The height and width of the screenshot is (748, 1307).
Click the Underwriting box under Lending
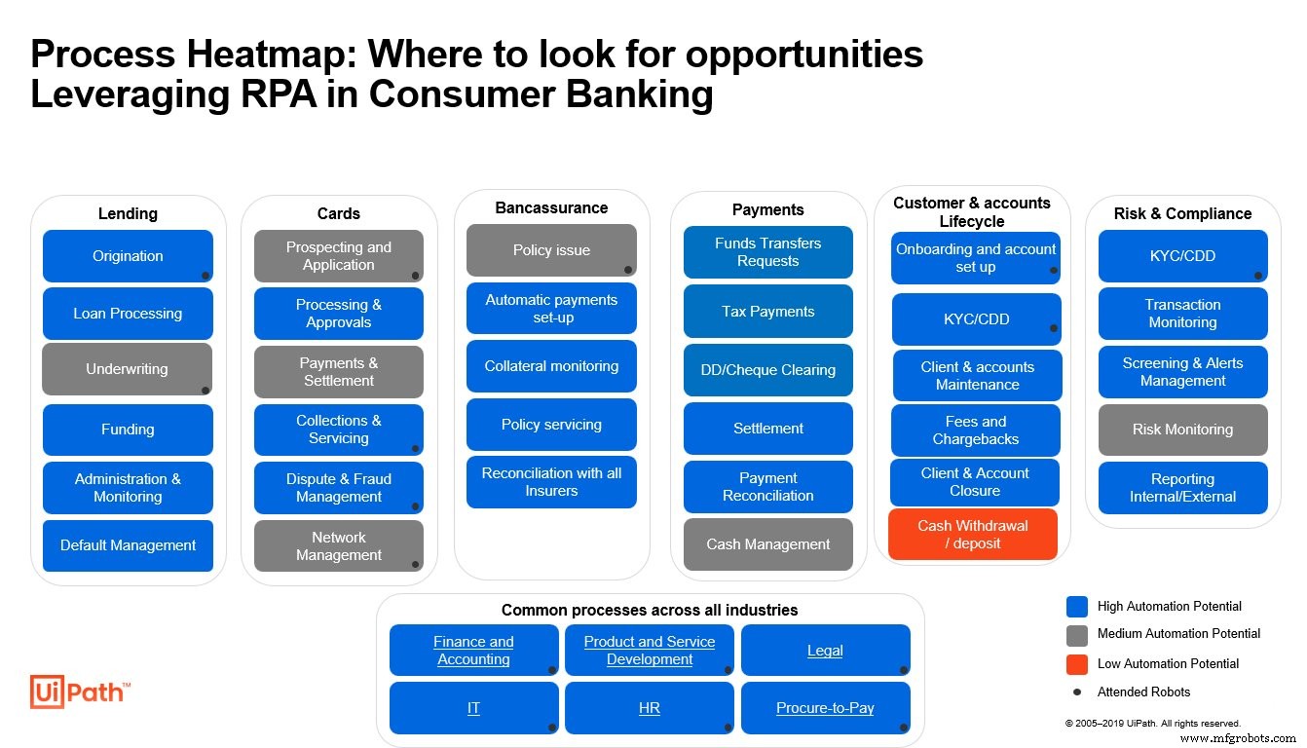click(127, 369)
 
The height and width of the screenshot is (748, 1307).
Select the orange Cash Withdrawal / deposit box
click(972, 535)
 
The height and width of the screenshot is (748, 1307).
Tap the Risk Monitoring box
click(1182, 430)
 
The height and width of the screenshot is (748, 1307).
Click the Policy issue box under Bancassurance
click(551, 250)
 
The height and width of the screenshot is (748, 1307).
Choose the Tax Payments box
click(767, 312)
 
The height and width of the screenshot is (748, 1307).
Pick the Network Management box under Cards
click(338, 546)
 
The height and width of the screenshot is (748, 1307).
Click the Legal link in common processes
click(825, 651)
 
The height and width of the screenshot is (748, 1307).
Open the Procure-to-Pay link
click(825, 708)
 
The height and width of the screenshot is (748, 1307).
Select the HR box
click(650, 708)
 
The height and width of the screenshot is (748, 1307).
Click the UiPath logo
click(79, 692)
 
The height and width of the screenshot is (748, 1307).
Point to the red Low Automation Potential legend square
click(1076, 664)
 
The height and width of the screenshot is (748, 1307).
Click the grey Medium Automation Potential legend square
click(1076, 634)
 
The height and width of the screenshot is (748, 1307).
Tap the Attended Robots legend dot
click(1076, 692)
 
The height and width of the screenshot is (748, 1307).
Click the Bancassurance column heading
click(551, 207)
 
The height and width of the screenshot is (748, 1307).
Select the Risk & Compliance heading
click(1182, 213)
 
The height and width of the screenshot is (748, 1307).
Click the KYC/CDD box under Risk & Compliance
click(1182, 256)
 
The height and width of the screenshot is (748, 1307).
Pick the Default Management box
click(128, 545)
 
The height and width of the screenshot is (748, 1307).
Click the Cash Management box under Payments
click(767, 544)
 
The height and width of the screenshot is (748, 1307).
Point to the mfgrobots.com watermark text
click(1239, 738)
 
